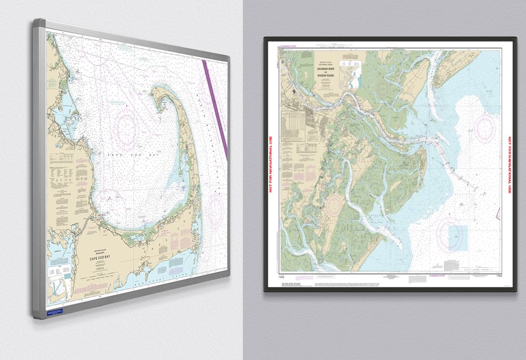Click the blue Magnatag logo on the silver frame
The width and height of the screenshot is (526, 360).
point(54,312)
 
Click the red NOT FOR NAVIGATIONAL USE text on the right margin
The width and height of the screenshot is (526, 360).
point(509,165)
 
